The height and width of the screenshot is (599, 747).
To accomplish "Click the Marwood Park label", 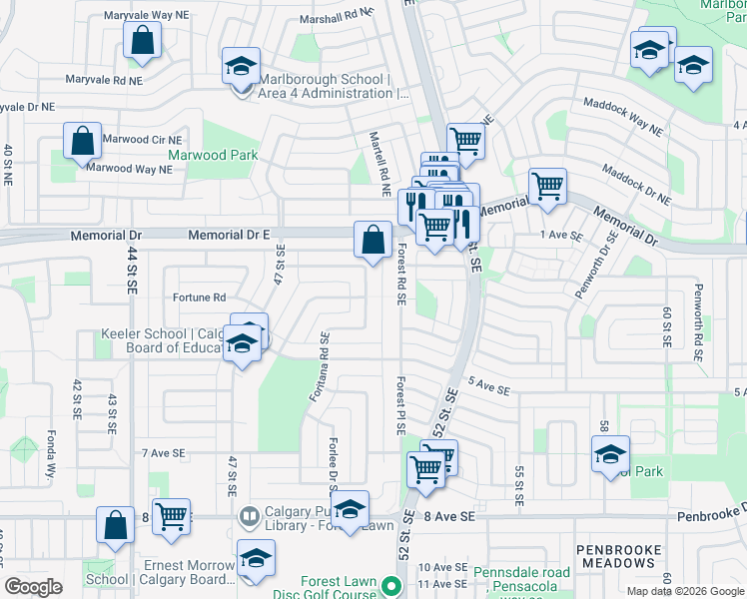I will (x=213, y=155).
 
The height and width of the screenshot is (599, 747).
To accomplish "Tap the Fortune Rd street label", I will (x=199, y=298).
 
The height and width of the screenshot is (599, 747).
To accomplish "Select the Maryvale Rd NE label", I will (x=104, y=79).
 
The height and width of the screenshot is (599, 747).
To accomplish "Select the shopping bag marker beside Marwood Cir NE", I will (x=82, y=141).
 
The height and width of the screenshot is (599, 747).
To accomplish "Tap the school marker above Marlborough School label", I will (x=241, y=66).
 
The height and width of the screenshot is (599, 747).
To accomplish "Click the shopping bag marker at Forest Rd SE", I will (x=373, y=241).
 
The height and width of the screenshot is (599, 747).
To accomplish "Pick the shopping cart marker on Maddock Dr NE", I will (x=547, y=186).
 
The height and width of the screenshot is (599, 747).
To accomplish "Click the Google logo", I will (x=34, y=587).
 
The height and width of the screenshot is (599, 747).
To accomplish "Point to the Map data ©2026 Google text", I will (x=685, y=591).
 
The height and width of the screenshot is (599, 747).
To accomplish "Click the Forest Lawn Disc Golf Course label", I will (x=339, y=588).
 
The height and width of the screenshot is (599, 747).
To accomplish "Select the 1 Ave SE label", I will (x=560, y=235).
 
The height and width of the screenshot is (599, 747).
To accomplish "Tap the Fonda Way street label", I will (x=51, y=456).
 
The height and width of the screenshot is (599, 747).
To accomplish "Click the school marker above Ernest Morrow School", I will (x=256, y=559).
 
